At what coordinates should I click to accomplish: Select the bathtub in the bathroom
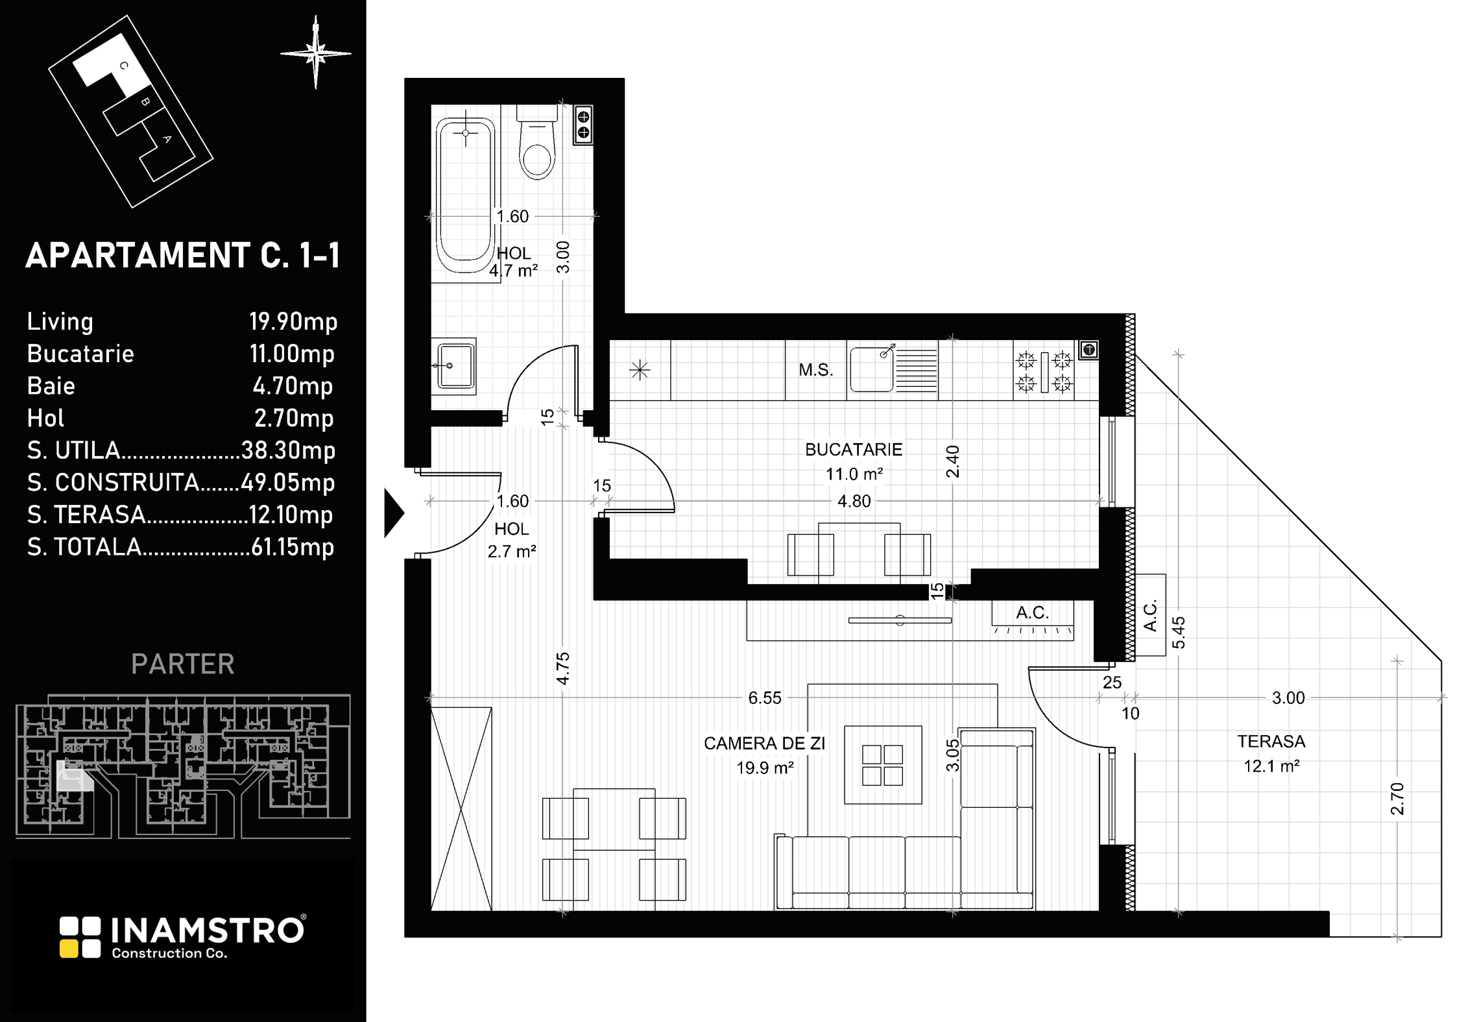point(466,197)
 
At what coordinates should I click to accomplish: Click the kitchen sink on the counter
point(893,369)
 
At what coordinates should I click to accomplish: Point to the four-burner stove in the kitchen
point(1044,372)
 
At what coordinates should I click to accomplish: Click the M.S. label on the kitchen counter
point(815,371)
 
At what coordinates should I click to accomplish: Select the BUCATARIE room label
point(854,450)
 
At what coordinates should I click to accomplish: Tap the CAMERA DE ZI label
point(764,744)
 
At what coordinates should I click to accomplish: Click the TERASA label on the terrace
point(1271,741)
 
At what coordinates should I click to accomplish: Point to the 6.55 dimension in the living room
point(765,698)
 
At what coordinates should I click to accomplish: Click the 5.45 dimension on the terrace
point(1179,632)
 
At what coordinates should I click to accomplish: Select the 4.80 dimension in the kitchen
point(854,501)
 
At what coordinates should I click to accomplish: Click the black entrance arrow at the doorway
point(393,513)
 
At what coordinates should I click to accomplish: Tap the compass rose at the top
point(316,53)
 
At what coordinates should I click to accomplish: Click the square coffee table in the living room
point(883,765)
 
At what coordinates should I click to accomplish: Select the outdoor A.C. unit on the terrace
point(1151,615)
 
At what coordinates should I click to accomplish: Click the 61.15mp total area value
point(293,547)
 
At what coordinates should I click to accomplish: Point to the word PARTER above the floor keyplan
point(183,664)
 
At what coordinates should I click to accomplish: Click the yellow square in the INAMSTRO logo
point(69,949)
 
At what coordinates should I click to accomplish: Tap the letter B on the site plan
point(145,102)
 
